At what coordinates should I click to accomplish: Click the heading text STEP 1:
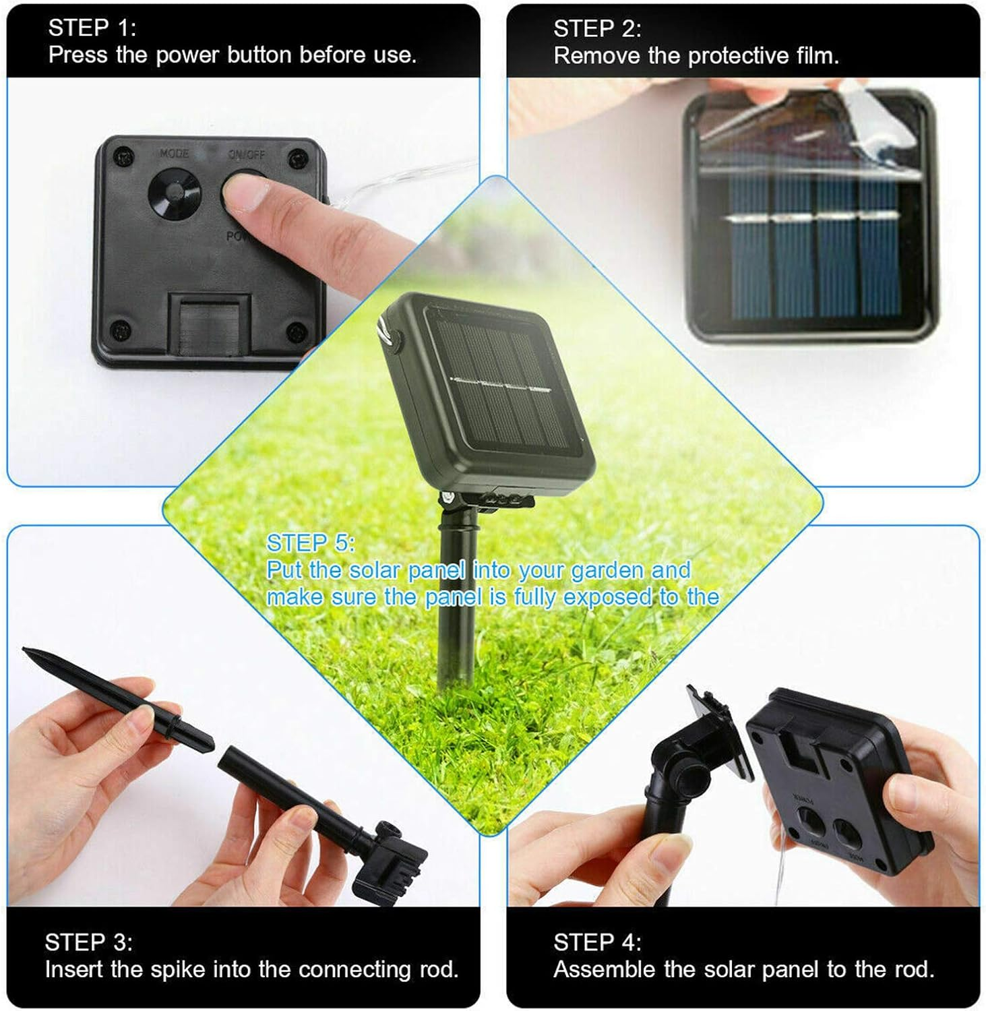click(92, 28)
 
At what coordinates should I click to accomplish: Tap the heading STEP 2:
click(597, 29)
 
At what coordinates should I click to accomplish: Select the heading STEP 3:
click(88, 942)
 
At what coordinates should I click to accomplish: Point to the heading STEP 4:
click(597, 942)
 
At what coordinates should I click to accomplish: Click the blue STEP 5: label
click(310, 543)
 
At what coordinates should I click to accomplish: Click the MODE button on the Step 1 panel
click(174, 192)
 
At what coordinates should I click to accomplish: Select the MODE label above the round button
click(174, 154)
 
